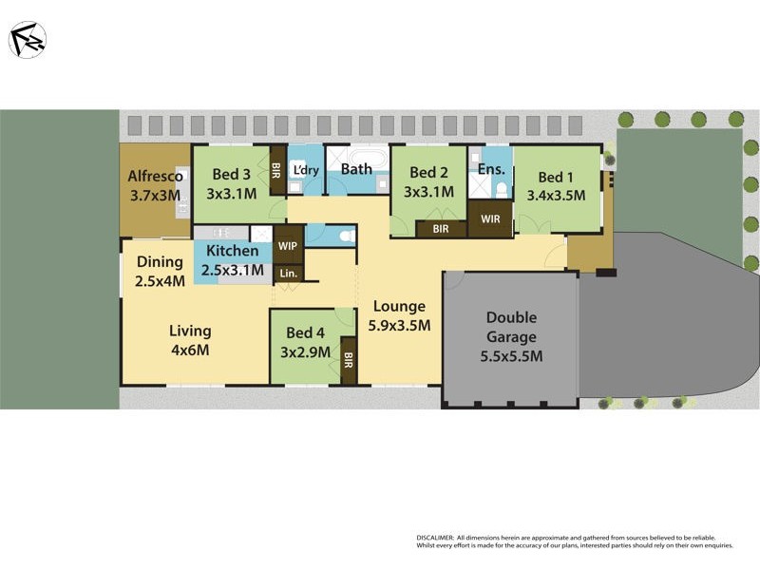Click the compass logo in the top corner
point(28,39)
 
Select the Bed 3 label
point(231,174)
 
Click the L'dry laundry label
point(306,170)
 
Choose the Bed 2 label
point(428,173)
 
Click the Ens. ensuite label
point(491,169)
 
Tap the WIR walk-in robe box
point(490,219)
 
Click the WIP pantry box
point(288,245)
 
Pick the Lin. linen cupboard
point(288,274)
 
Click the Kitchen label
point(233,251)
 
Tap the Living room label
point(190,332)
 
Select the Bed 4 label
point(305,332)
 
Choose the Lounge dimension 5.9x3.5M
point(399,325)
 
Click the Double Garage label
point(512,327)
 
